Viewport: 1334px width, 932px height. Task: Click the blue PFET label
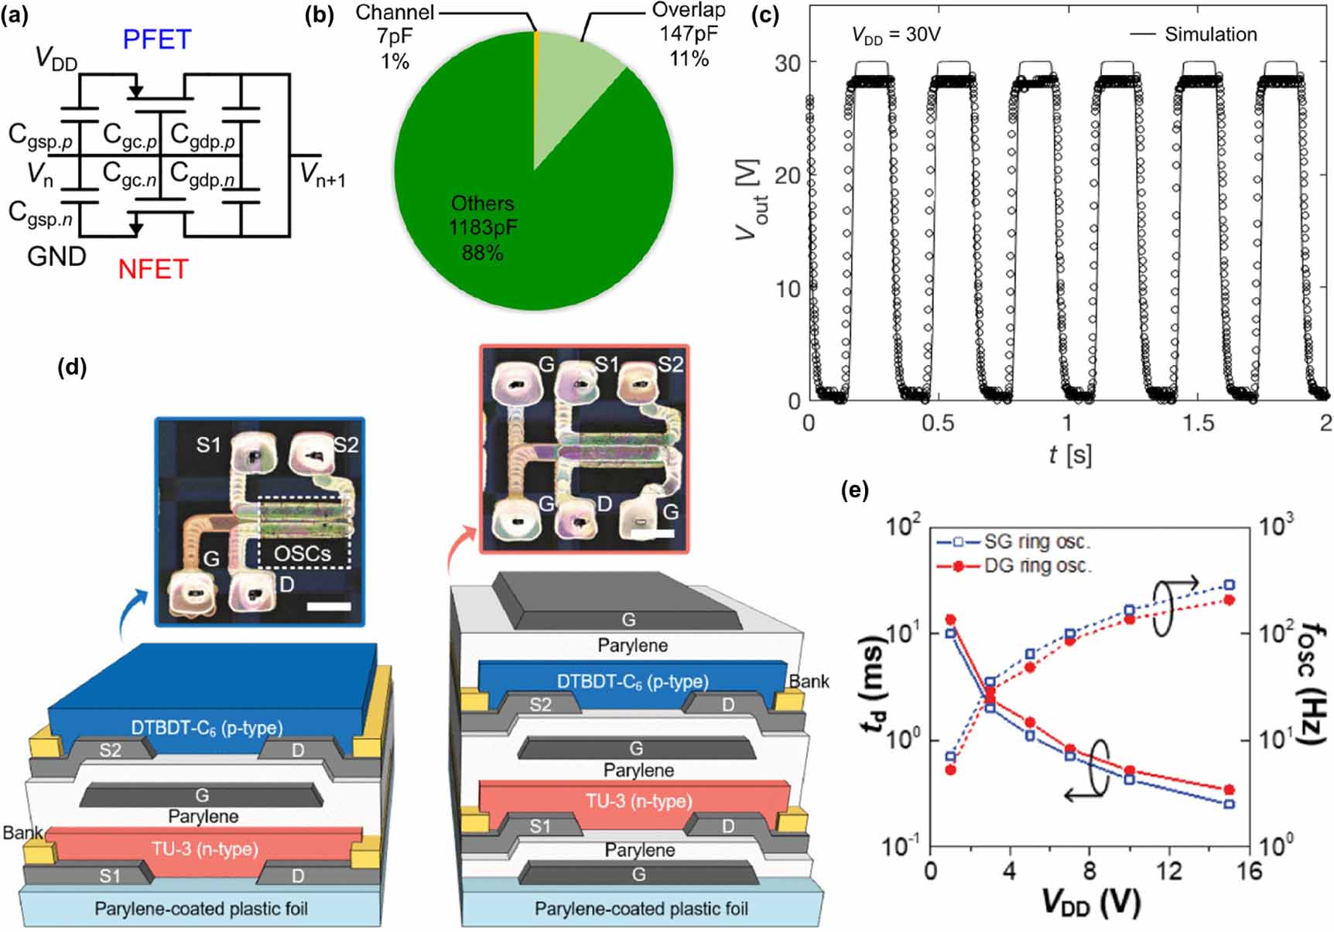click(156, 39)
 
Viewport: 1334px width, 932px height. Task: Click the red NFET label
click(153, 269)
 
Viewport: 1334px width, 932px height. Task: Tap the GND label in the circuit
click(56, 256)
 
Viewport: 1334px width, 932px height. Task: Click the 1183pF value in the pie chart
click(483, 228)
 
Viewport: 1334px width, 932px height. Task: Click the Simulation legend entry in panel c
click(1209, 35)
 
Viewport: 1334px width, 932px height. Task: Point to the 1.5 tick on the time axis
click(1197, 422)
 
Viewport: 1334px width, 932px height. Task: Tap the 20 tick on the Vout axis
click(788, 176)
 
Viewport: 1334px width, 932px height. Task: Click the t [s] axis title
click(1069, 455)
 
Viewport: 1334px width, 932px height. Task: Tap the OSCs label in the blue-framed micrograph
click(303, 554)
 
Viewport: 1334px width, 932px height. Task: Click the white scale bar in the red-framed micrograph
click(652, 533)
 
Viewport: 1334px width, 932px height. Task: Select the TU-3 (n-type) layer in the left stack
click(204, 848)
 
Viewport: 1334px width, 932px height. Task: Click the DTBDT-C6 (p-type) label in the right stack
click(632, 681)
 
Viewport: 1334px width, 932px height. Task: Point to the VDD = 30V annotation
click(895, 35)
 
